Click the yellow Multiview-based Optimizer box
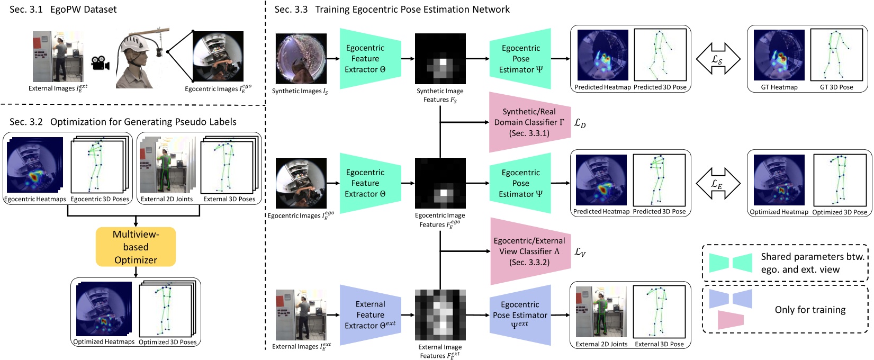(136, 247)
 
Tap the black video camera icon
(101, 62)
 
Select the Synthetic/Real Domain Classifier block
(528, 122)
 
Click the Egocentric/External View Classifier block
(528, 251)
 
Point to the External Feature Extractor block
(370, 315)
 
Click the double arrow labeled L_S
(717, 59)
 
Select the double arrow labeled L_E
(717, 183)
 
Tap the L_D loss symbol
(580, 123)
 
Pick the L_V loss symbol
(580, 253)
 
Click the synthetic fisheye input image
(301, 58)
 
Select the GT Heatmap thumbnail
(779, 55)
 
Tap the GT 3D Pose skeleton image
(836, 55)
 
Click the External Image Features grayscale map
(440, 315)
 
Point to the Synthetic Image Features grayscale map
(440, 59)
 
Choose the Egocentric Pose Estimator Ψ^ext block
(520, 315)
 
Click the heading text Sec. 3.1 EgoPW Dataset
(63, 10)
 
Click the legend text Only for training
(810, 310)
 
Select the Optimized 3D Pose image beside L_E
(840, 180)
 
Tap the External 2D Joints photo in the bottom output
(601, 312)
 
